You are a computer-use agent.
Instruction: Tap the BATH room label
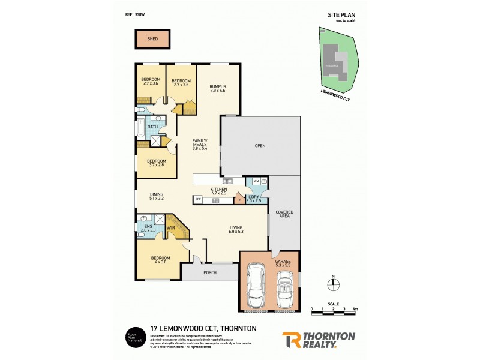[153, 127]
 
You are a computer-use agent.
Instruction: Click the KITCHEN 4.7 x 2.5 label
[218, 191]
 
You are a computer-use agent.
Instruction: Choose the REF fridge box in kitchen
[197, 199]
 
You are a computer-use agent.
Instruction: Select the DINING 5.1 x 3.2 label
[157, 196]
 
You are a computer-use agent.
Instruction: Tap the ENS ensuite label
[146, 227]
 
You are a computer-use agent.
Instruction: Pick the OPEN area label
[260, 145]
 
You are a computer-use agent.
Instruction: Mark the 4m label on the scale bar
[355, 308]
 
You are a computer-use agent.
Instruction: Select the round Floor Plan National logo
[133, 337]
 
